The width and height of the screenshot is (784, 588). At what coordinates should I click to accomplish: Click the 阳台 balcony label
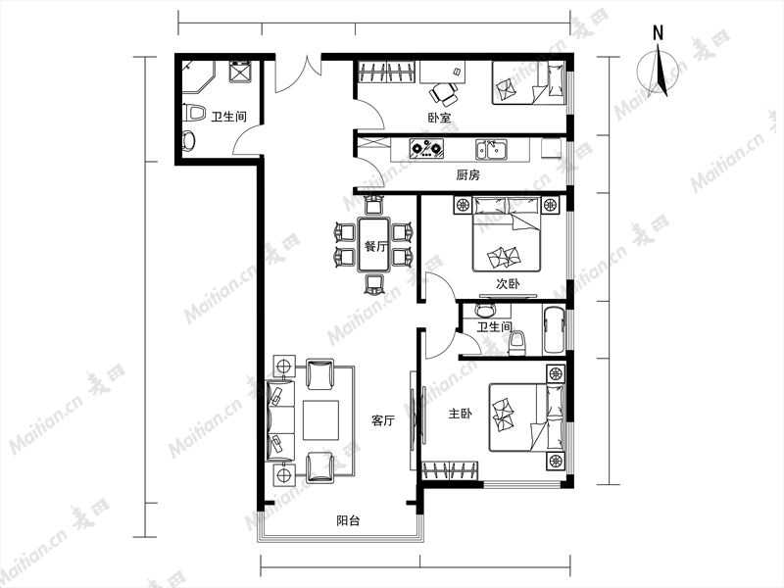pyautogui.click(x=348, y=521)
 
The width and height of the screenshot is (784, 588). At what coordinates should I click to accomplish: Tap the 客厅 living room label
pyautogui.click(x=383, y=420)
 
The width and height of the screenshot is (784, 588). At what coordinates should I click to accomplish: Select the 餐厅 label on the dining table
pyautogui.click(x=376, y=246)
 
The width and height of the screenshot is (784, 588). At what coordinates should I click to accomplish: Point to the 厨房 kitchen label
pyautogui.click(x=468, y=175)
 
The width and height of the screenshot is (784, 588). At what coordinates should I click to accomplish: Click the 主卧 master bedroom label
pyautogui.click(x=460, y=414)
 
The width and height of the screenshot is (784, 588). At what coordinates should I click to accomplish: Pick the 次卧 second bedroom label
pyautogui.click(x=508, y=284)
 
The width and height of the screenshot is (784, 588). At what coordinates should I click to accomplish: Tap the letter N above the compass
pyautogui.click(x=658, y=33)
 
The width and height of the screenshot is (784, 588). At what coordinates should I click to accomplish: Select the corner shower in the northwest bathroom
pyautogui.click(x=197, y=76)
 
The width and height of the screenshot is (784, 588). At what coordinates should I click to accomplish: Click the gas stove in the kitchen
pyautogui.click(x=426, y=148)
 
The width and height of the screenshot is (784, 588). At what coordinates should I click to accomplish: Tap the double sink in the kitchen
pyautogui.click(x=492, y=150)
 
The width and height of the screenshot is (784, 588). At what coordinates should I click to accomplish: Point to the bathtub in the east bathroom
pyautogui.click(x=554, y=330)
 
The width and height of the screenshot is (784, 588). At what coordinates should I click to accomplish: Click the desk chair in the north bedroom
pyautogui.click(x=444, y=92)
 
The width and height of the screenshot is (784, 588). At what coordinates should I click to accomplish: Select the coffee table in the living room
pyautogui.click(x=321, y=420)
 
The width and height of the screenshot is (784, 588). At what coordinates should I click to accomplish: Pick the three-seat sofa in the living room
pyautogui.click(x=280, y=420)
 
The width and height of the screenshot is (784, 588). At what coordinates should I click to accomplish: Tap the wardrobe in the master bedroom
pyautogui.click(x=451, y=470)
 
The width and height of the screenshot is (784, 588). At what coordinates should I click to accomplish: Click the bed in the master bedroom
pyautogui.click(x=526, y=417)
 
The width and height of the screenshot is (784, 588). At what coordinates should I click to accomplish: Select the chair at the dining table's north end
pyautogui.click(x=374, y=205)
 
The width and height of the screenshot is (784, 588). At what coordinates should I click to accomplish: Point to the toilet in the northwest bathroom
pyautogui.click(x=194, y=113)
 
